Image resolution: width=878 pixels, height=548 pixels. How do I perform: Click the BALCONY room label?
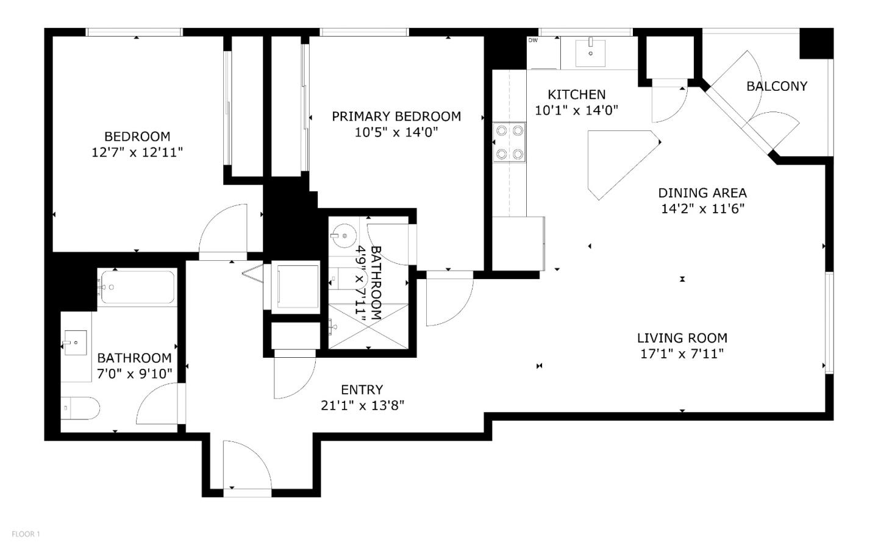[x=776, y=87]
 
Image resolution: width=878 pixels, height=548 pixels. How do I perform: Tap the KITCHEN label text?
[x=576, y=94]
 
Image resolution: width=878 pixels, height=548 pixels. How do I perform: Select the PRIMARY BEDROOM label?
[x=396, y=116]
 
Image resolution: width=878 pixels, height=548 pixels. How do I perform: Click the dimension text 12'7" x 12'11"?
[x=137, y=152]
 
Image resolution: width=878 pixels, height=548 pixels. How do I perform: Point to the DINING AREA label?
[x=702, y=193]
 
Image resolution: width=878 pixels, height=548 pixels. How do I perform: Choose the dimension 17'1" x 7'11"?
[x=682, y=354]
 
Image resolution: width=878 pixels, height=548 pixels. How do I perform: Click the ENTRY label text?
[x=362, y=390]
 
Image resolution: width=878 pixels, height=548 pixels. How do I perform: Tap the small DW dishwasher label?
[x=532, y=41]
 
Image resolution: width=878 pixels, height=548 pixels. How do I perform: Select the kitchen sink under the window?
[x=590, y=52]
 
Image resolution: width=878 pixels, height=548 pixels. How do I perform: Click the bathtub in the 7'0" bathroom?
[x=137, y=286]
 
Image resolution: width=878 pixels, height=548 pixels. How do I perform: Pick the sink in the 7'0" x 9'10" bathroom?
[x=76, y=343]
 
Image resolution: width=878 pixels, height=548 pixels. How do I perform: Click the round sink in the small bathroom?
[x=343, y=235]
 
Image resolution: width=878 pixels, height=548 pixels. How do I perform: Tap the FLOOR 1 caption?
[x=26, y=534]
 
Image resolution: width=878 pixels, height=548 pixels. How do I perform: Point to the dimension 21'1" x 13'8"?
[x=362, y=405]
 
